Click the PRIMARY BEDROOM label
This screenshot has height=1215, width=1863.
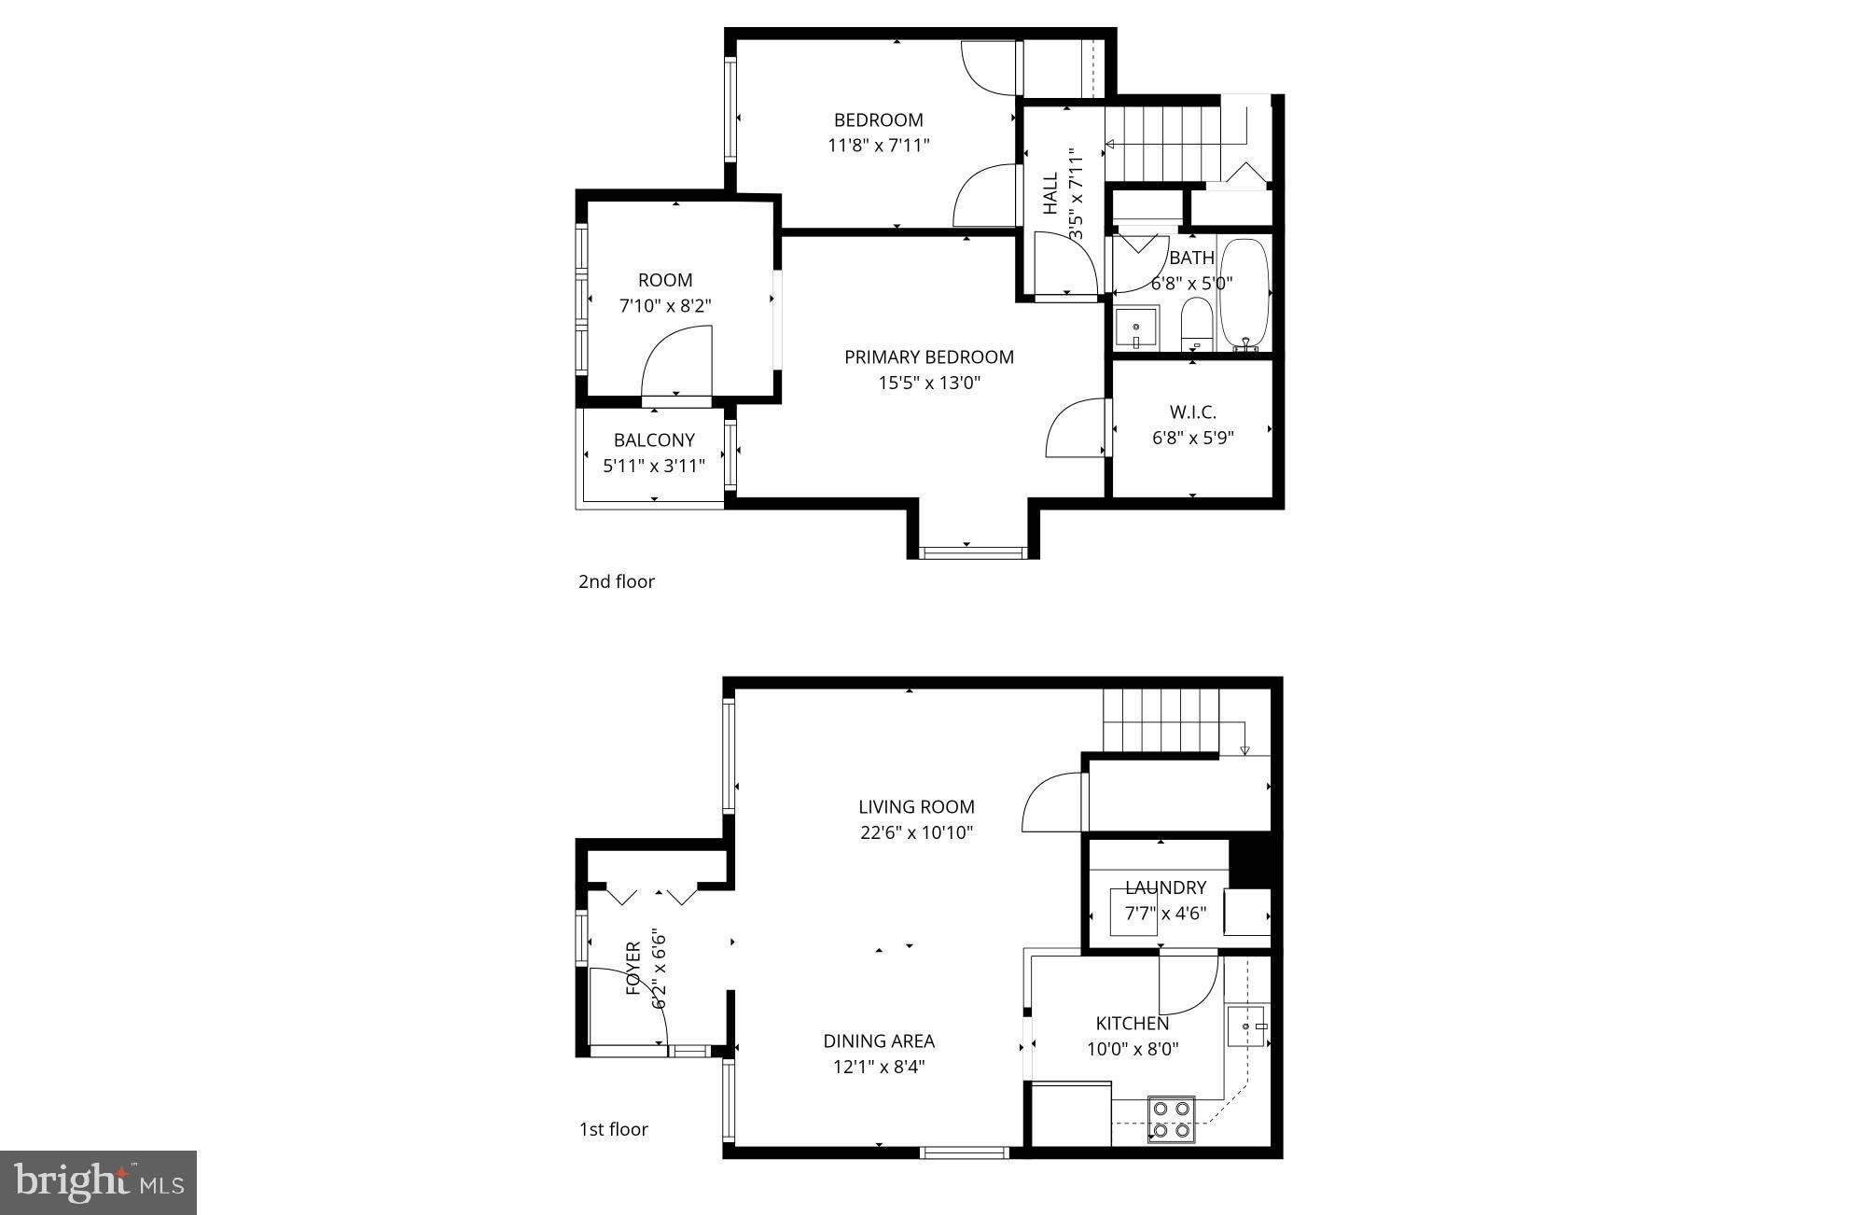click(x=928, y=356)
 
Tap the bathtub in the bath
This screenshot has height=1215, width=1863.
click(x=1244, y=292)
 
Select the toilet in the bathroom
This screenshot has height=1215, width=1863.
click(x=1195, y=323)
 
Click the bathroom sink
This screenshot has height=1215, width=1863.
click(x=1136, y=328)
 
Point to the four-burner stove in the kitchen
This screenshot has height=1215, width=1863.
click(x=1171, y=1119)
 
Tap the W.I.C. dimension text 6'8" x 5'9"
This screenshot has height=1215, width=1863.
click(x=1192, y=438)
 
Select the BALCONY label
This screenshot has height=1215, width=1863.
click(x=654, y=440)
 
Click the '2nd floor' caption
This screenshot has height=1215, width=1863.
click(x=617, y=581)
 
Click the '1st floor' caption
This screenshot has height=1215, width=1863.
click(x=613, y=1129)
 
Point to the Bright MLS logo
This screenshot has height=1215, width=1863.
click(x=99, y=1183)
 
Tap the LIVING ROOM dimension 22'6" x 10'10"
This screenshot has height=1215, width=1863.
click(x=916, y=832)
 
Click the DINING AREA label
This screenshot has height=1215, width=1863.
click(x=878, y=1040)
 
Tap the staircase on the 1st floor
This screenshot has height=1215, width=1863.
click(x=1161, y=719)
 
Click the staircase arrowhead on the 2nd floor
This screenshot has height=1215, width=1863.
click(x=1110, y=145)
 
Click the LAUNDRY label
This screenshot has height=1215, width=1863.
click(x=1165, y=887)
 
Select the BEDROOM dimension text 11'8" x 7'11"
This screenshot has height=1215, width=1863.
click(x=878, y=146)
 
